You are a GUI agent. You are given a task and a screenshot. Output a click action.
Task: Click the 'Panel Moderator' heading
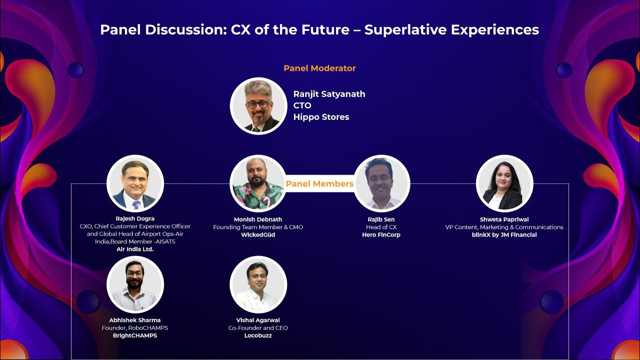pos(319,68)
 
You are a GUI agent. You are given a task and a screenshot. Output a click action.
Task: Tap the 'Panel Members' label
pos(319,184)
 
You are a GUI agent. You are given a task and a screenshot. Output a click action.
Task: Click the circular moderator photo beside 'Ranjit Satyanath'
pos(258,106)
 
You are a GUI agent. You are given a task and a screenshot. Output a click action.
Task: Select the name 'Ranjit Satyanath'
pos(329,94)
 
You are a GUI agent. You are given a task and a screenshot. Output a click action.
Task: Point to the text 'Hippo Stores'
pos(321,117)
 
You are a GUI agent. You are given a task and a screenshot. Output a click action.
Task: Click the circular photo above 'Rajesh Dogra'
pos(135,183)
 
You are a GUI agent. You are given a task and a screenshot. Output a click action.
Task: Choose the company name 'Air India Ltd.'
pos(135,249)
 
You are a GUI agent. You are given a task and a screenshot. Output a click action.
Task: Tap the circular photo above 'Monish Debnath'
pos(258,183)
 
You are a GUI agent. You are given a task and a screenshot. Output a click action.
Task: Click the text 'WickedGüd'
pos(258,235)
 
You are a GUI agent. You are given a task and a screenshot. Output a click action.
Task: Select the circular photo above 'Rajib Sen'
pos(381,183)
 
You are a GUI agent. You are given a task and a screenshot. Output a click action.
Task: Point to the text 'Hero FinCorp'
pos(381,235)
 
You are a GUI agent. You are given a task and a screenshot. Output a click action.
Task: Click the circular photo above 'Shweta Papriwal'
pos(504,183)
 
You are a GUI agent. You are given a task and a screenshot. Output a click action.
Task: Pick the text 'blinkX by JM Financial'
pos(504,235)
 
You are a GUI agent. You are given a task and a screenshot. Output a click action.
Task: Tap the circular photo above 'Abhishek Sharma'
pos(135,284)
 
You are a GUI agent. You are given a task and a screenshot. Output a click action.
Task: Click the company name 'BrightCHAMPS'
pos(135,335)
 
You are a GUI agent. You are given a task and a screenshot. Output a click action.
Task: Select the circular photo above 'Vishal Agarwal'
pos(258,284)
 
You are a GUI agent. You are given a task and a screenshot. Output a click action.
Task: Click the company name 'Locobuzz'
pos(258,335)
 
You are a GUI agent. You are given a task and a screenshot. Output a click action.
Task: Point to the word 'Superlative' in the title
pos(405,30)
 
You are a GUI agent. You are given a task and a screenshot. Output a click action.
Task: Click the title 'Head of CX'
pos(381,227)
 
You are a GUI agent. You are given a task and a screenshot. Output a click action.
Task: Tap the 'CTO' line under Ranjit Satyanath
pos(302,105)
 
